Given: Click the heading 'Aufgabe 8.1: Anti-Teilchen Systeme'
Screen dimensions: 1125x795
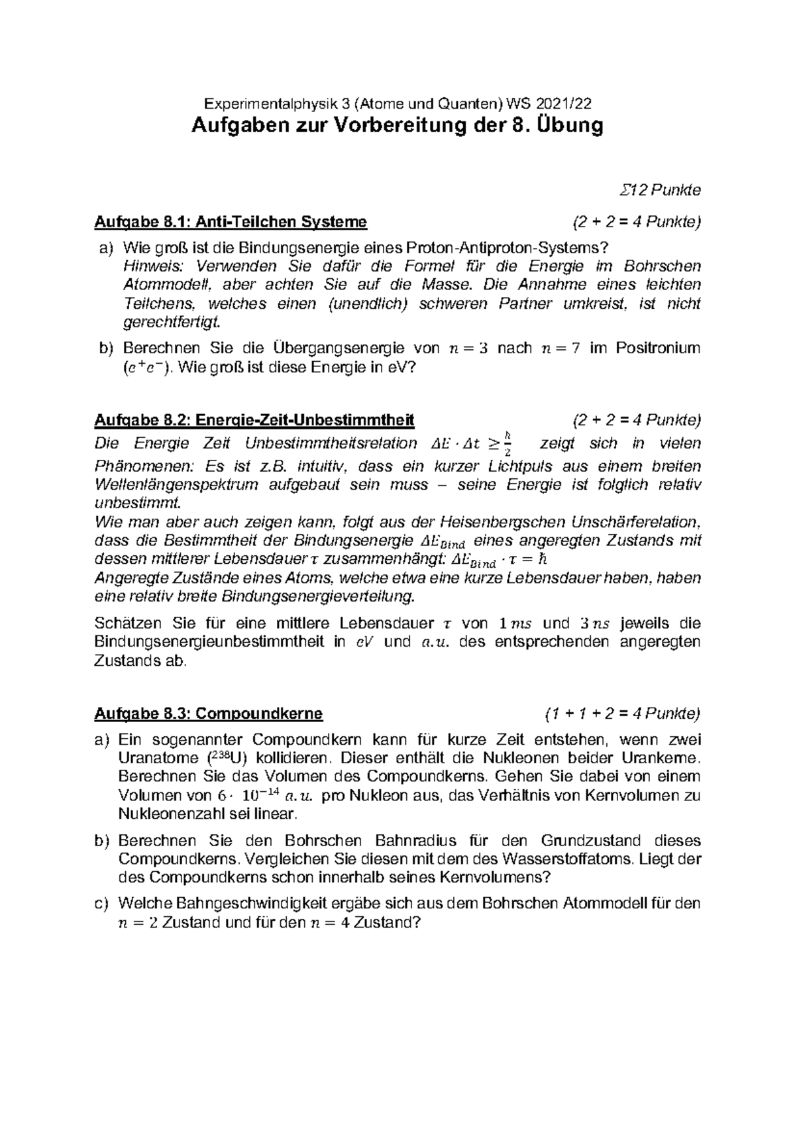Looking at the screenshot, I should click(x=231, y=221).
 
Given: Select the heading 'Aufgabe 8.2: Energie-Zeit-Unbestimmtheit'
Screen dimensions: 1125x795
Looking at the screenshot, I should click(x=254, y=420).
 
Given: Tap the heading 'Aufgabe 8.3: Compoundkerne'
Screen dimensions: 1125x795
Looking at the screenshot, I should click(x=209, y=714).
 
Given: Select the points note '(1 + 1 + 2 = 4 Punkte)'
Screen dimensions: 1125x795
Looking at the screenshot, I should click(x=622, y=714).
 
